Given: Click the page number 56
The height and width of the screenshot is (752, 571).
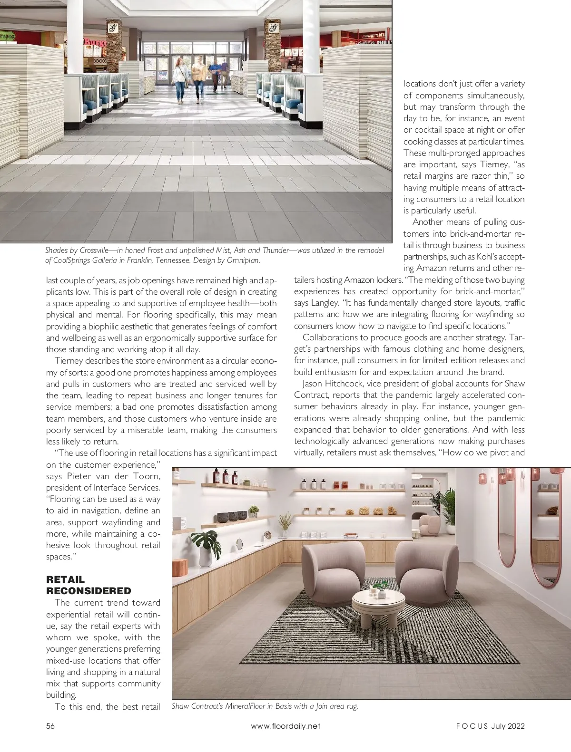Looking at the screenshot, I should click(50, 726).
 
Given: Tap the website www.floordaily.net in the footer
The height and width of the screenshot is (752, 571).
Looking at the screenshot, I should click(285, 726).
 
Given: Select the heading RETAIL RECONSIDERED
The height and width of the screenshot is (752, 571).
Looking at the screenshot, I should click(89, 585).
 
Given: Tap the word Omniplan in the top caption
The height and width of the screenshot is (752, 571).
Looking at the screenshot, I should click(245, 260).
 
